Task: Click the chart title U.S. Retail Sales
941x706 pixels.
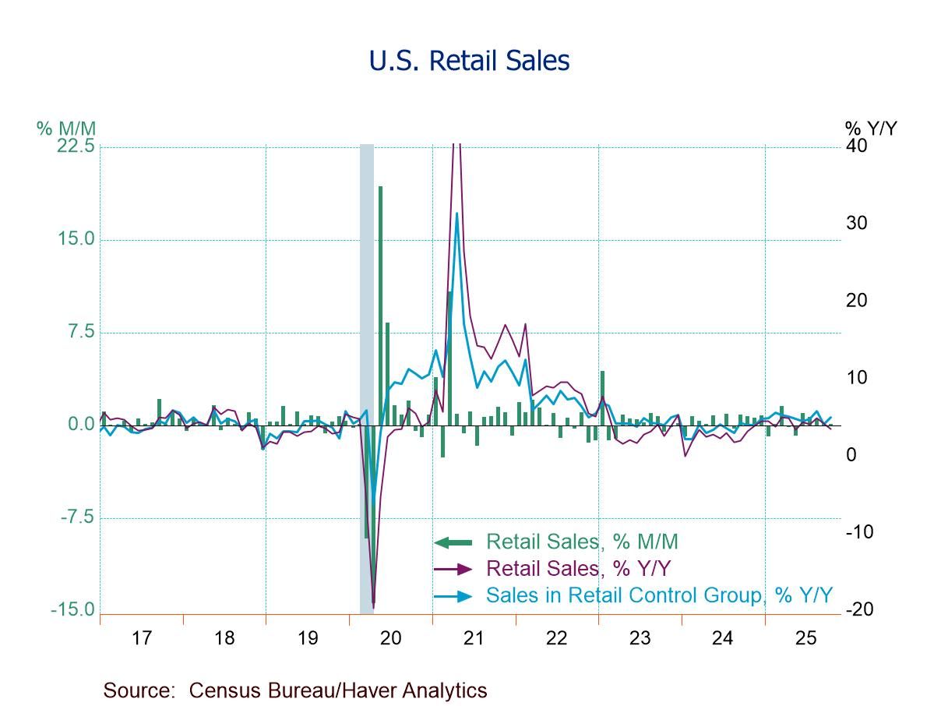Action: [x=469, y=60]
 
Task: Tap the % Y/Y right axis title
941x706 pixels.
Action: [x=871, y=128]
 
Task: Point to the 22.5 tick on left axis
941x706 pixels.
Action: [x=76, y=146]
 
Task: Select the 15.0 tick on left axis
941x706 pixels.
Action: [x=76, y=239]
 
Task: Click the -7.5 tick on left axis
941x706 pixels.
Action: [x=76, y=517]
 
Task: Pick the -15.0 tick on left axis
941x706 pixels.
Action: [x=73, y=609]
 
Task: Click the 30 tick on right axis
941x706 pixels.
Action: [x=856, y=224]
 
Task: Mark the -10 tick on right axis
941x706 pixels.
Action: [x=859, y=532]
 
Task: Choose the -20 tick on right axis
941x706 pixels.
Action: [x=859, y=609]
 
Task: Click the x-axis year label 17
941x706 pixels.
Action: [x=141, y=638]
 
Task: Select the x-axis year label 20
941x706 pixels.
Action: [x=390, y=638]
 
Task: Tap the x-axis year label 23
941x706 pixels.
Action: [x=640, y=638]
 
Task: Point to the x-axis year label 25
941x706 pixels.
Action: [x=805, y=638]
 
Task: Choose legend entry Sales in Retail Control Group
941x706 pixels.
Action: [x=659, y=595]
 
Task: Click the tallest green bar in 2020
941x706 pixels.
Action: [x=381, y=304]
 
